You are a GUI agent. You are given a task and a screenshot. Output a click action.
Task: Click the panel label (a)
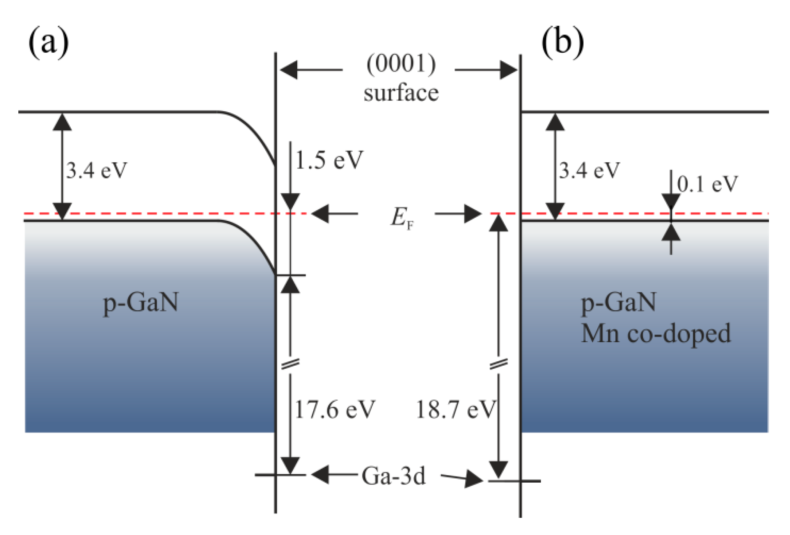48,42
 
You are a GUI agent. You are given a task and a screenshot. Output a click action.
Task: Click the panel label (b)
562,42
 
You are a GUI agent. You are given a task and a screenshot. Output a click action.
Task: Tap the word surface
401,93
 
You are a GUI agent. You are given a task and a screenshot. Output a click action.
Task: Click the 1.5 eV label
329,160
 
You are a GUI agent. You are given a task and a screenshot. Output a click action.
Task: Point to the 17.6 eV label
334,410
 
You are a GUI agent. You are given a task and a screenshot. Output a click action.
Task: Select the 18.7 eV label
455,410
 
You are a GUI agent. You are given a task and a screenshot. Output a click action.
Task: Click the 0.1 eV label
707,184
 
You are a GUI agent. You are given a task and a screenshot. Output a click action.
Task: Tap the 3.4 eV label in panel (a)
96,171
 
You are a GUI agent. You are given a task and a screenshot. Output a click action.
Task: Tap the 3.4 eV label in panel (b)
589,171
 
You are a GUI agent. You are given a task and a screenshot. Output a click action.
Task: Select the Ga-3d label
393,476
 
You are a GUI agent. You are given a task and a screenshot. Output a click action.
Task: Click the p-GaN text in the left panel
140,303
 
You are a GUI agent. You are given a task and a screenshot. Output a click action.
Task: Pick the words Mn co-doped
655,334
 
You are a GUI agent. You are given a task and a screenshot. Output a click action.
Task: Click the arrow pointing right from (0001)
486,70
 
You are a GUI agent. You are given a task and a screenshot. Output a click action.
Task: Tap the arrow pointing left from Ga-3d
334,475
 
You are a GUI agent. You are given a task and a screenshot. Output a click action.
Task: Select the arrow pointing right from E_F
458,214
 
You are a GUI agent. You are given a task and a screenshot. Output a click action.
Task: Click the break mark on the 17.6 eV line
290,364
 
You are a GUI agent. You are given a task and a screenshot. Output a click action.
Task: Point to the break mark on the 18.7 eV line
499,364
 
